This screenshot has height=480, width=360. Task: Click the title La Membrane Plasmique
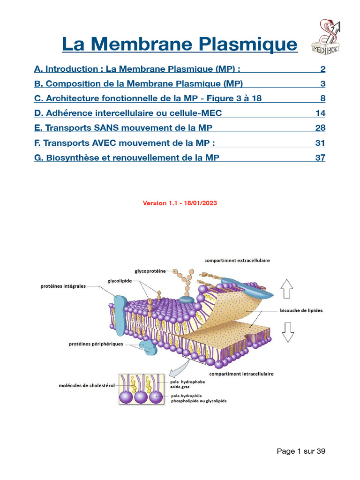point(180,45)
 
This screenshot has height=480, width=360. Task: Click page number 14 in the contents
point(320,113)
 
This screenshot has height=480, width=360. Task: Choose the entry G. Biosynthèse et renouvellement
point(127,157)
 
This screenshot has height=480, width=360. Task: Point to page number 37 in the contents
point(320,157)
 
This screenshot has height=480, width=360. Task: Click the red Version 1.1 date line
point(180,203)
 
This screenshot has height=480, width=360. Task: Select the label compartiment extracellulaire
point(237,260)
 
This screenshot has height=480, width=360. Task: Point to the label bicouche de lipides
point(301,310)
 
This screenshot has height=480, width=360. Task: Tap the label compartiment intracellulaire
point(241,374)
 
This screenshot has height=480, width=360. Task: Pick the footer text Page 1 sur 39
point(301,451)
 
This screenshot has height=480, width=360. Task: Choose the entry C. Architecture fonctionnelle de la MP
point(148,98)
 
